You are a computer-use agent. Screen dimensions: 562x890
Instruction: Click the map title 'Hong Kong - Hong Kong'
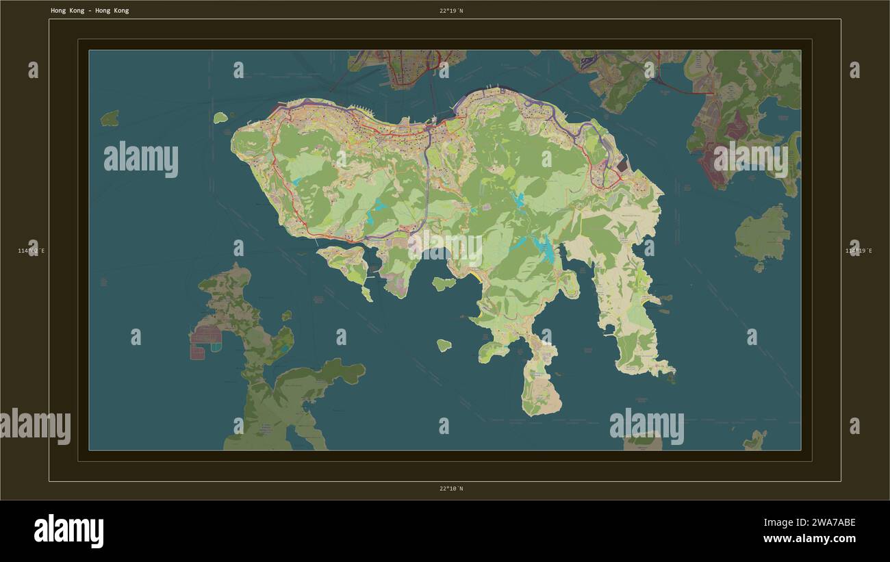coord(90,11)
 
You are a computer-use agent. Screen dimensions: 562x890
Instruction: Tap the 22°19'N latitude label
coord(451,11)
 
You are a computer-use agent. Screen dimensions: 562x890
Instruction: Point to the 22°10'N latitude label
coord(451,489)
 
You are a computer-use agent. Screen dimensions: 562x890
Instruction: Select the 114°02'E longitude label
coord(31,251)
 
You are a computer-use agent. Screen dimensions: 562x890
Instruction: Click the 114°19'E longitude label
coord(859,251)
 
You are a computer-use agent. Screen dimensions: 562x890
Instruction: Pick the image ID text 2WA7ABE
coord(830,523)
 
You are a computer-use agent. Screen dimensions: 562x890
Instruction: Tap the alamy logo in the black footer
coord(68,531)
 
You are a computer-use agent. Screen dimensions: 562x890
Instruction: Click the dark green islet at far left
coord(110,118)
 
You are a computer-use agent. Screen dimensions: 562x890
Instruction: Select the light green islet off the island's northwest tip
coord(220,118)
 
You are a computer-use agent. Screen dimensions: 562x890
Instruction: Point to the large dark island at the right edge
coord(762,234)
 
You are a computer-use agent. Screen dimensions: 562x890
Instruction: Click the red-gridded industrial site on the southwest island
coord(205,335)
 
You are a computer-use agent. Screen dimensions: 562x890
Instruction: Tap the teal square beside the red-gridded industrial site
coord(216,348)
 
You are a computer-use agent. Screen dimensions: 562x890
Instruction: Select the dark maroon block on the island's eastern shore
coord(622,166)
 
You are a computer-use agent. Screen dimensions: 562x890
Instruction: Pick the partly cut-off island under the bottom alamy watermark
coord(643,442)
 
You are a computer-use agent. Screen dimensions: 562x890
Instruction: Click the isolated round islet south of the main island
coord(444,345)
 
